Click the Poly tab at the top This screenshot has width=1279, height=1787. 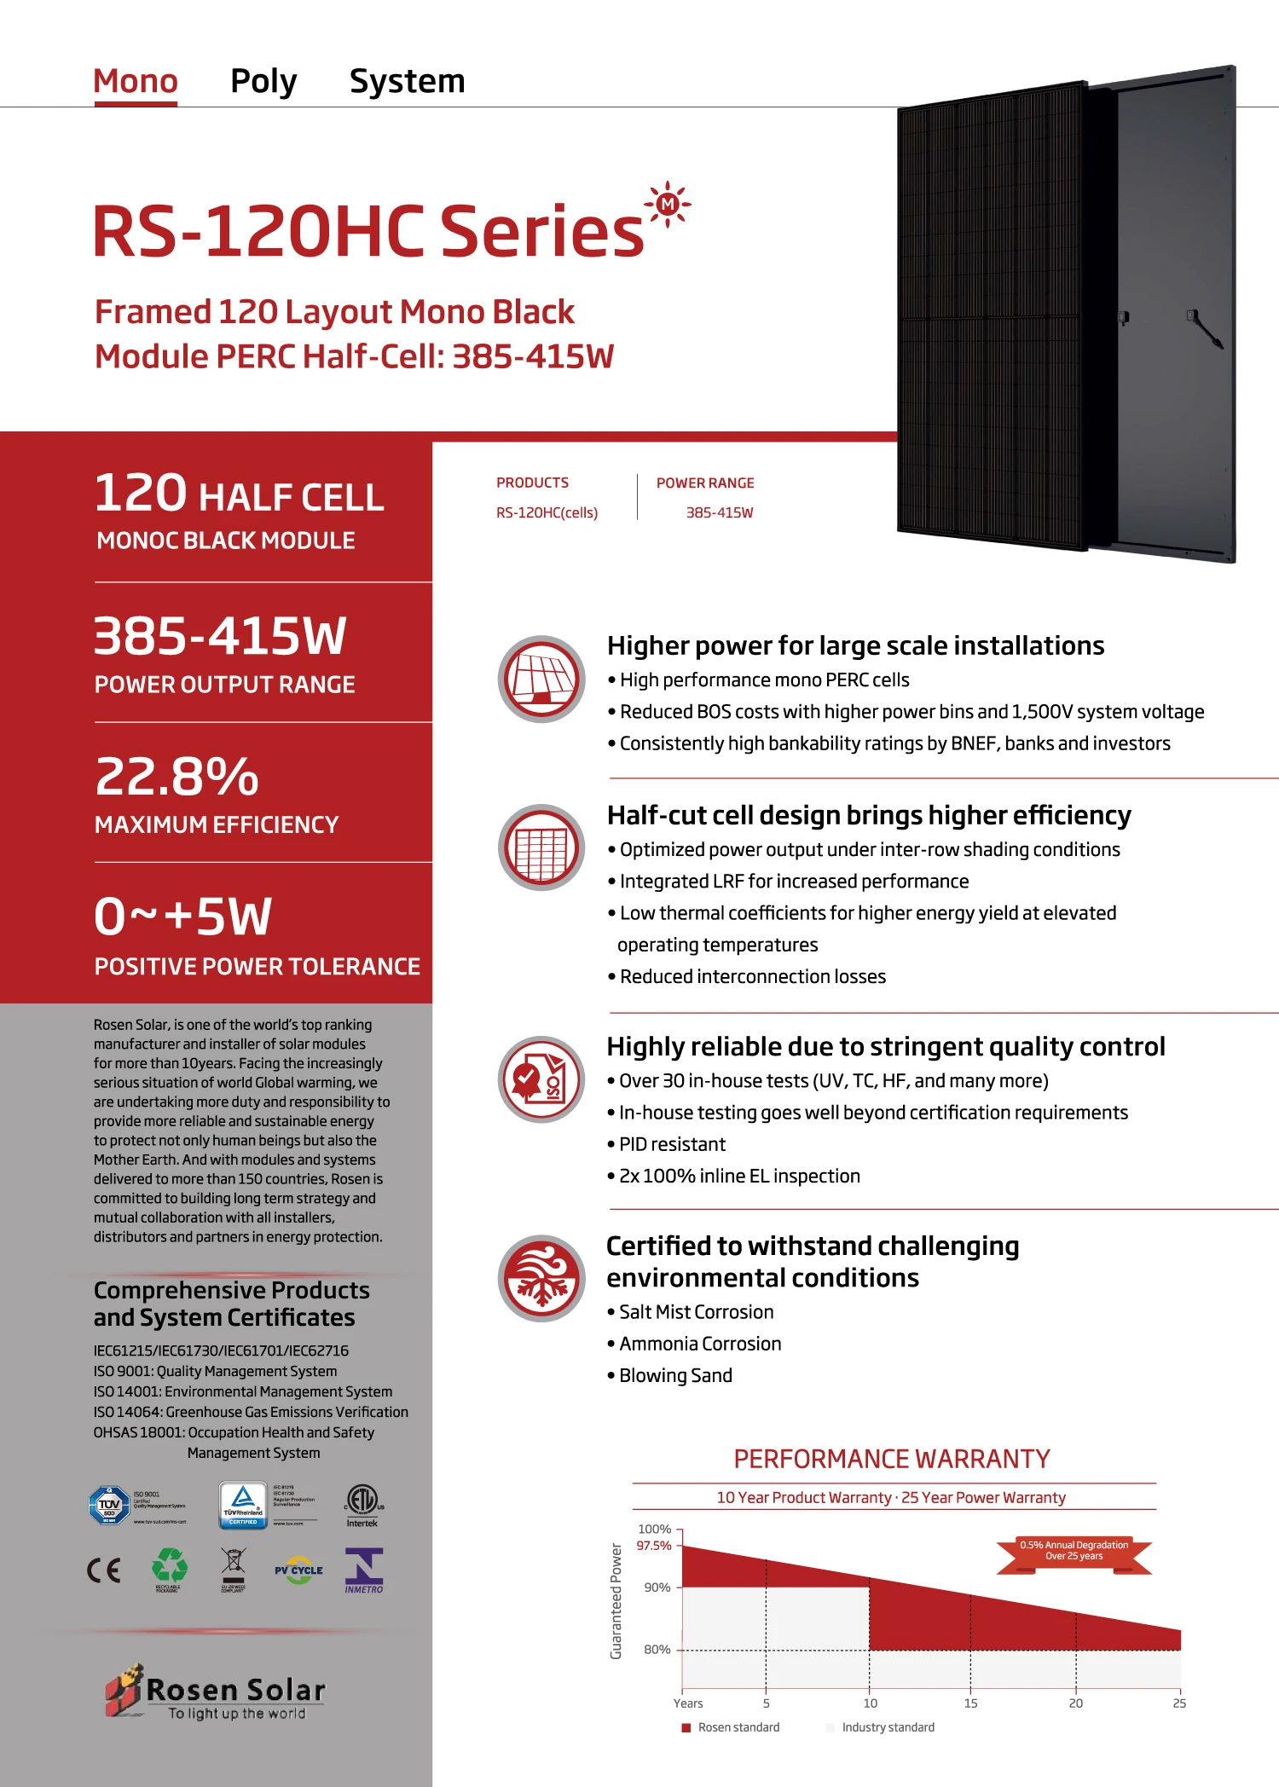point(263,82)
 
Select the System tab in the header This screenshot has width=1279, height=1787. point(407,82)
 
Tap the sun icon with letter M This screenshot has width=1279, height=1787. point(668,205)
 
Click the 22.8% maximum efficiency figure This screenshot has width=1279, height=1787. point(177,777)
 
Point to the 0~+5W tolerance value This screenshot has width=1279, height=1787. point(182,917)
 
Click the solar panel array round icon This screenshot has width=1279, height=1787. point(541,679)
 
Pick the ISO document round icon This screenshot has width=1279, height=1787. point(541,1079)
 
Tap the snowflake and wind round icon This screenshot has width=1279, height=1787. point(541,1278)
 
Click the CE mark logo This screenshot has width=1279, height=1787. point(104,1570)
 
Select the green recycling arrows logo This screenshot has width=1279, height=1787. point(169,1566)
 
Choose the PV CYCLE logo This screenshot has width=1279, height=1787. point(298,1570)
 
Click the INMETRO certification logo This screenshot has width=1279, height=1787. point(364,1570)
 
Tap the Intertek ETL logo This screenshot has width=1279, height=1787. point(362,1502)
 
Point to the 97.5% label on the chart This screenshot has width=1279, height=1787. point(654,1546)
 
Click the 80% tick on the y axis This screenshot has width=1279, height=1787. point(657,1650)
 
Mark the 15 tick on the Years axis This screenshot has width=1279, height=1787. point(970,1703)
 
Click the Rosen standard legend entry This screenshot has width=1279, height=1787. point(731,1727)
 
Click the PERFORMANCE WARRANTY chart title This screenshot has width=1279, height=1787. point(892,1459)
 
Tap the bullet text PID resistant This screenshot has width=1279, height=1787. point(672,1144)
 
